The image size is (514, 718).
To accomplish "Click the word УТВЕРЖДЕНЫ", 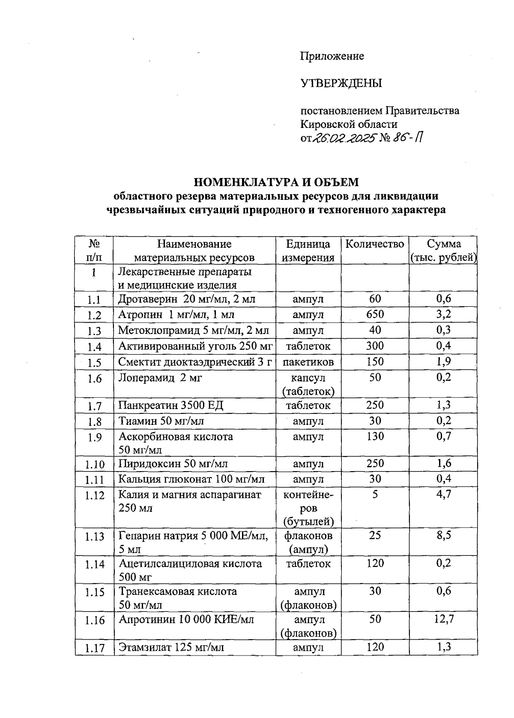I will pos(341,83).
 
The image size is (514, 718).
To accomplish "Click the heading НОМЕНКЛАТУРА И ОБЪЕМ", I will pos(276,182).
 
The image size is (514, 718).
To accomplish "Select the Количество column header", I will pos(375,244).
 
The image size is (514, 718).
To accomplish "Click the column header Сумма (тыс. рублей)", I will pos(444,251).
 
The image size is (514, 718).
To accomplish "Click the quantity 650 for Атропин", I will pos(375,314).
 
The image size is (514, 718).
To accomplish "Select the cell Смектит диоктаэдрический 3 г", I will pos(195,362).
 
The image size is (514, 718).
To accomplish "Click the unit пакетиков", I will pos(308,362).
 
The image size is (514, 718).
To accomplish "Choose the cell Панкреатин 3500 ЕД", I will pos(171,405).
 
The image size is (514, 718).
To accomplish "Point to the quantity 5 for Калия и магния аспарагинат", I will pos(375,495).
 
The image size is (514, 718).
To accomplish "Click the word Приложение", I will pos(332,56).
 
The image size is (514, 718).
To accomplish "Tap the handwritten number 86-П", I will pos(410,138).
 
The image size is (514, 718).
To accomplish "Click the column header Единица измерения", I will pos(308,251).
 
